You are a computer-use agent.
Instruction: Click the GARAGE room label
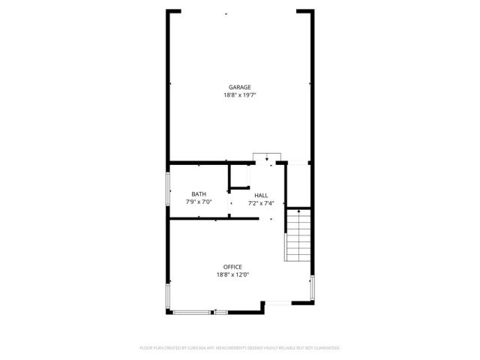[x=240, y=87]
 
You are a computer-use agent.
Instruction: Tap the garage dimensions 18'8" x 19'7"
[x=240, y=95]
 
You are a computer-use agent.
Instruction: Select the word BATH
[x=199, y=194]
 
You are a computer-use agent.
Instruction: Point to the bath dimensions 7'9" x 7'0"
[x=199, y=202]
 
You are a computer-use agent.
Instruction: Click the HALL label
[x=260, y=195]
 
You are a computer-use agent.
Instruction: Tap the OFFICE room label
[x=232, y=267]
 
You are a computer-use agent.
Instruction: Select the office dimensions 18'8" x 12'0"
[x=232, y=275]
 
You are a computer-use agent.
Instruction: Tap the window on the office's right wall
[x=312, y=286]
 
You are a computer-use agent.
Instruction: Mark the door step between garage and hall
[x=262, y=157]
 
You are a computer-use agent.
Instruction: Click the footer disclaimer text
[x=240, y=348]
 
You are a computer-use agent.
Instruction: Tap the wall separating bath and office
[x=214, y=219]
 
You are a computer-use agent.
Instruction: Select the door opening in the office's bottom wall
[x=277, y=303]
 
